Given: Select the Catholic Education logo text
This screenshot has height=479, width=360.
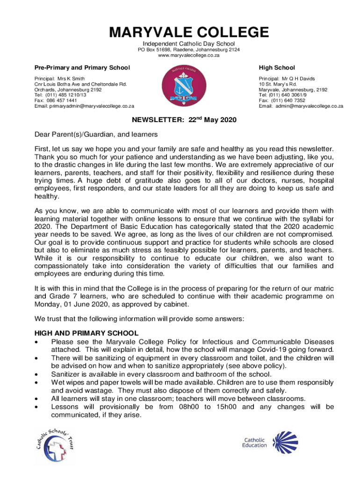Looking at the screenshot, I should (x=254, y=443).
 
